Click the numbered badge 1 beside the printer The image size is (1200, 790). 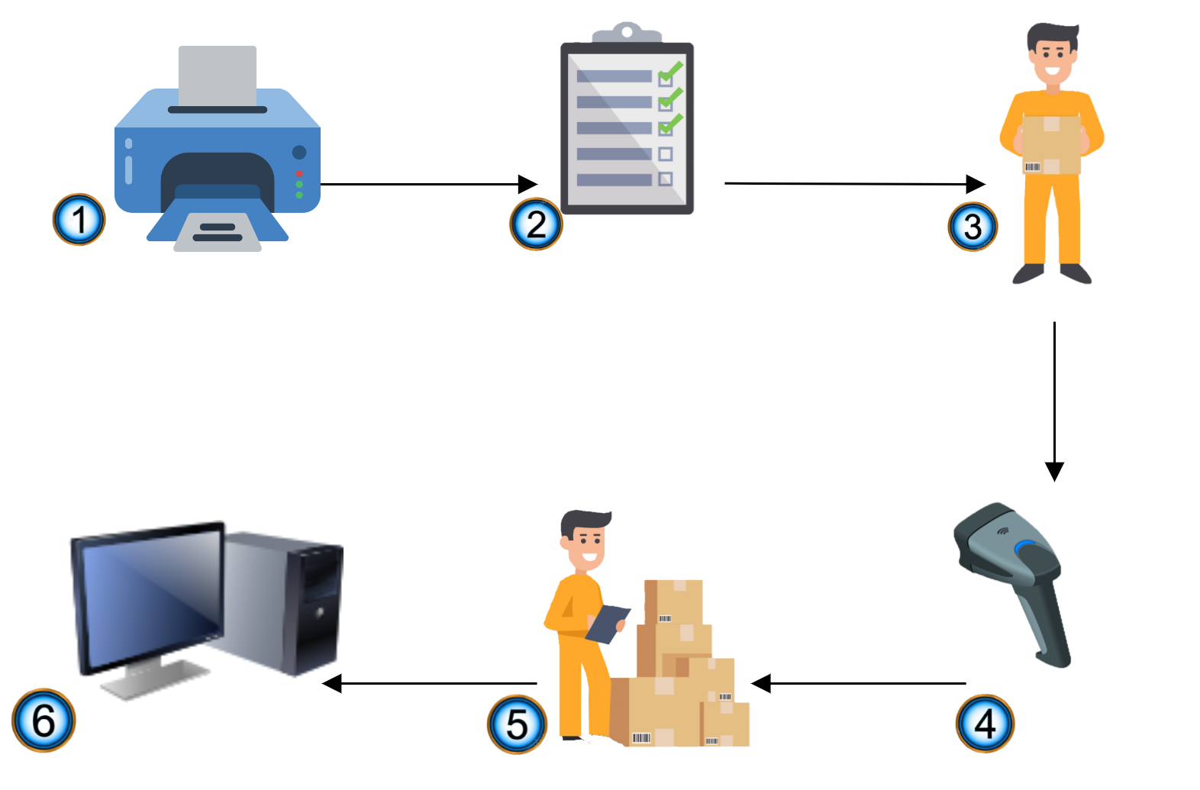(x=79, y=221)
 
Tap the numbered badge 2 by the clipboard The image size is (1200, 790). (x=536, y=224)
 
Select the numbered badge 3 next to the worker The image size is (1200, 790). (x=973, y=227)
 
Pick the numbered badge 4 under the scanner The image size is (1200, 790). (x=985, y=723)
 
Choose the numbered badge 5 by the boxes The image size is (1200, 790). (x=517, y=724)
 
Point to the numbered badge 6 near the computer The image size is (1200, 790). (x=44, y=721)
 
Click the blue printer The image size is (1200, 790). (x=218, y=153)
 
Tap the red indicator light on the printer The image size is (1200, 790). (x=299, y=174)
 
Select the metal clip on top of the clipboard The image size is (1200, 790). (x=627, y=33)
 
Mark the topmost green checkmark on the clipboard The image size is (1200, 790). (x=670, y=73)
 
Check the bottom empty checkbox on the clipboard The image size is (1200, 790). (x=665, y=179)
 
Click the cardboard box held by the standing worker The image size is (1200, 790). (x=1052, y=145)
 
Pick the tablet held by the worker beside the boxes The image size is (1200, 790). (x=608, y=623)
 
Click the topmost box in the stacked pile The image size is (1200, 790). (x=673, y=601)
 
